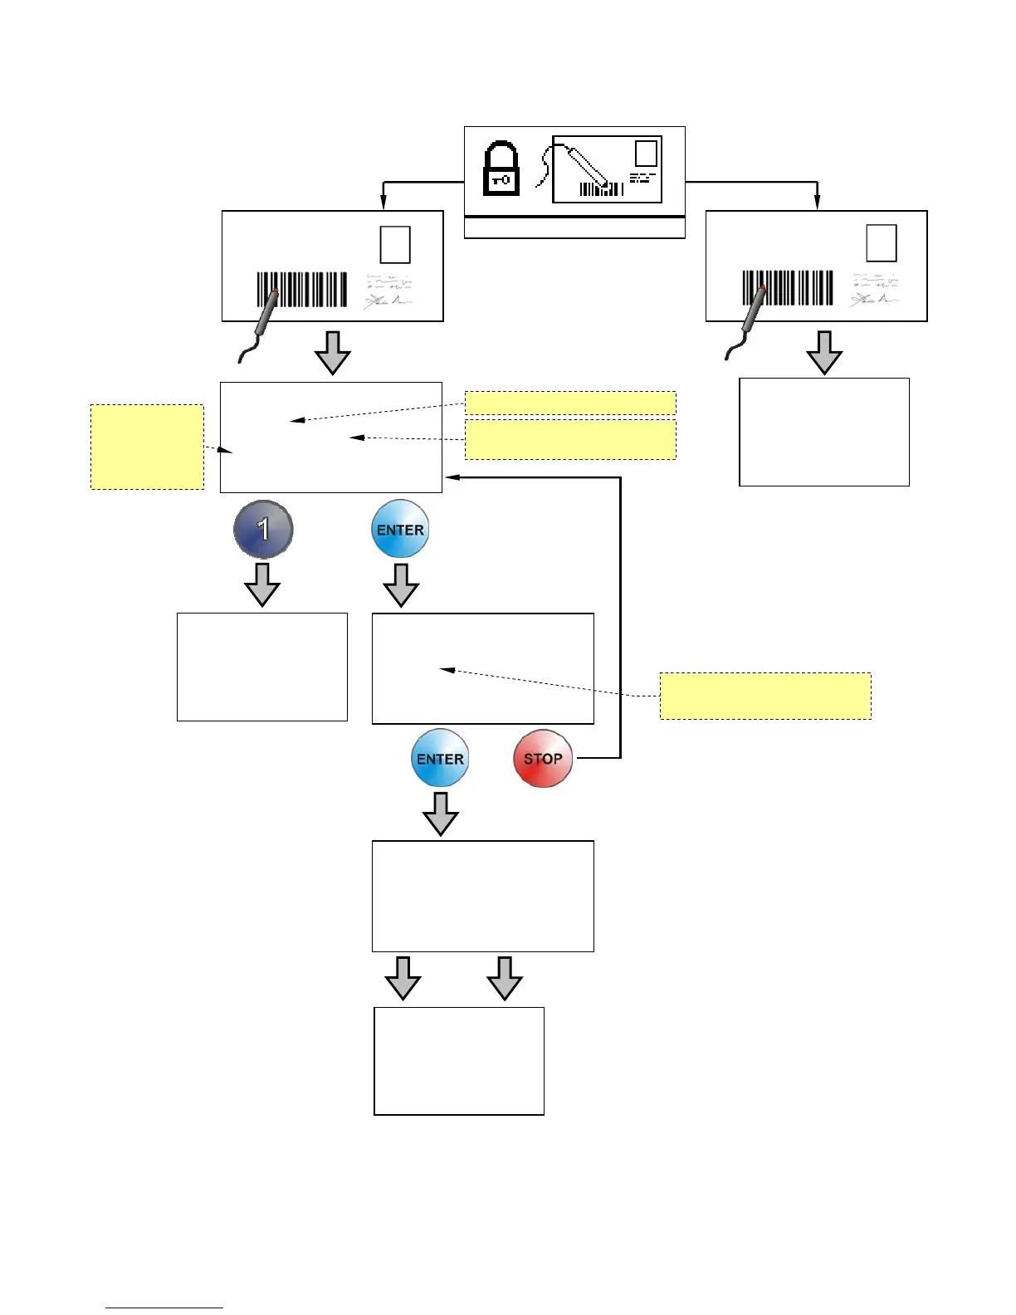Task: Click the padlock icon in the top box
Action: point(501,169)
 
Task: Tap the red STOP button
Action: point(543,758)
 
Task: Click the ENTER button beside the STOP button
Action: point(440,758)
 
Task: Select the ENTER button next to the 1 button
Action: point(400,529)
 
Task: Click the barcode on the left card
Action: point(302,289)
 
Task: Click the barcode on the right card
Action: point(788,288)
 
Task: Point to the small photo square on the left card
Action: point(395,244)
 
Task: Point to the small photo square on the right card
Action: point(882,243)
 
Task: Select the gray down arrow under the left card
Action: point(332,353)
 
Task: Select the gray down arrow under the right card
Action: point(824,352)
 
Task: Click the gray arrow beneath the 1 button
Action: point(262,584)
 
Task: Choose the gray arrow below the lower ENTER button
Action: point(441,814)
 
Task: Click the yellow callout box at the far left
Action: point(147,447)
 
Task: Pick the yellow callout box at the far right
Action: point(765,696)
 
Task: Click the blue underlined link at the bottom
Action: point(164,1308)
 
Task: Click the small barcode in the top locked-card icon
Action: point(601,189)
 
